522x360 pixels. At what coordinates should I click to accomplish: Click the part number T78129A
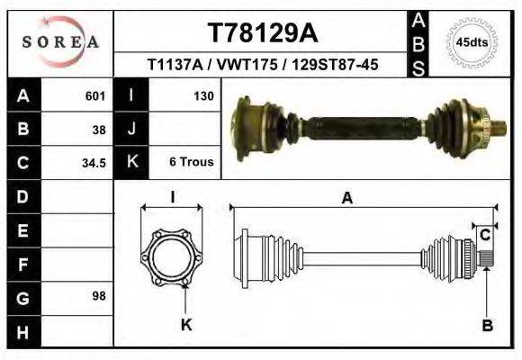[x=263, y=33]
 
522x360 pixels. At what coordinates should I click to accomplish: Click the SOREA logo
[x=60, y=41]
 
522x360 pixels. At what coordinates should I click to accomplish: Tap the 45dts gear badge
[x=472, y=42]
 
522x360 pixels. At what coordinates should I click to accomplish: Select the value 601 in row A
[x=95, y=95]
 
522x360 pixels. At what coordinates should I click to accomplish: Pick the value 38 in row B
[x=99, y=129]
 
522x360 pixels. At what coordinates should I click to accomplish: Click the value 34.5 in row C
[x=94, y=163]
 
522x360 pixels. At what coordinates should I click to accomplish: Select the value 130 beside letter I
[x=202, y=95]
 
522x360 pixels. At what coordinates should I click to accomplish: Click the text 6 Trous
[x=191, y=162]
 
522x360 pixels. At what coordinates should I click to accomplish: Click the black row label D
[x=22, y=196]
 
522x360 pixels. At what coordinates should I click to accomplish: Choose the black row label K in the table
[x=132, y=162]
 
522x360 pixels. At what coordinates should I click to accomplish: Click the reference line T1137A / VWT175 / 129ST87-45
[x=262, y=65]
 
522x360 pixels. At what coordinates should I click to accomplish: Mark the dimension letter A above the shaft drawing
[x=346, y=199]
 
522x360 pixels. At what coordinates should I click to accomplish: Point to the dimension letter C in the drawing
[x=485, y=235]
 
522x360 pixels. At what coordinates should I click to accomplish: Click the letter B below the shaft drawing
[x=487, y=326]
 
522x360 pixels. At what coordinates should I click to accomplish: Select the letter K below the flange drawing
[x=186, y=325]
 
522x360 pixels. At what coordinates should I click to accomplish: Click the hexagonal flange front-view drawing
[x=173, y=256]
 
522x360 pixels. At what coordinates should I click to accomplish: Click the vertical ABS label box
[x=418, y=42]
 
